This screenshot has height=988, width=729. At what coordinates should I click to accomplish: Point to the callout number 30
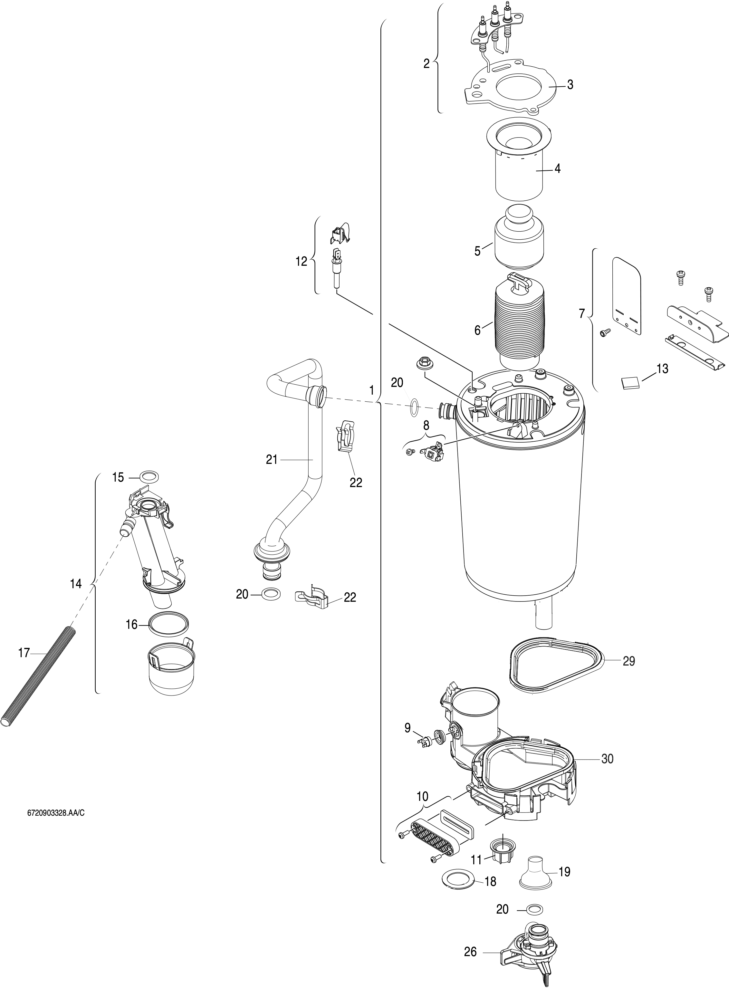pos(608,759)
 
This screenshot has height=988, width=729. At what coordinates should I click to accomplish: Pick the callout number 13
pos(662,369)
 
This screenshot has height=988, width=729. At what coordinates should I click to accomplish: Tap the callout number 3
pos(570,85)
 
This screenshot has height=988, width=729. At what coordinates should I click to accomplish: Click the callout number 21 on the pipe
pos(271,460)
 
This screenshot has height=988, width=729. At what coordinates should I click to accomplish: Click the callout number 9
pos(407,728)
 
